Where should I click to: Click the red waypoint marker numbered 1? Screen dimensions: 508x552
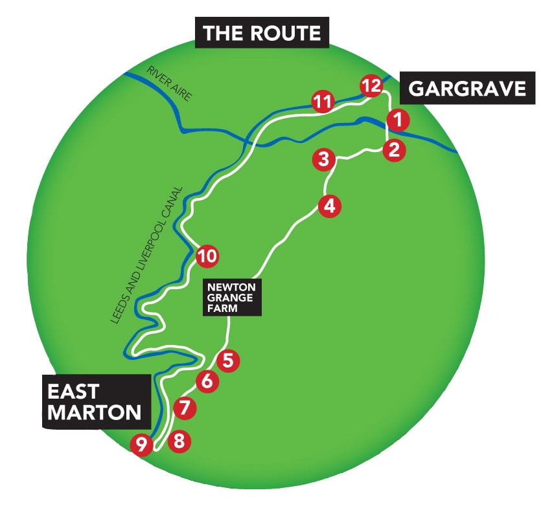pos(398,119)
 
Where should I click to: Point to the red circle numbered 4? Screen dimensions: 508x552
pos(329,207)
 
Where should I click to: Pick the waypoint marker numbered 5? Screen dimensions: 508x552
pos(228,360)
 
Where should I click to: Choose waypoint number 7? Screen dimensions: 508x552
pos(185,408)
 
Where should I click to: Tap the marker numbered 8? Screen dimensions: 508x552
pos(179,442)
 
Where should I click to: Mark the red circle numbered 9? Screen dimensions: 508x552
pos(141,445)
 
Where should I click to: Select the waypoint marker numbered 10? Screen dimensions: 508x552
pos(207,256)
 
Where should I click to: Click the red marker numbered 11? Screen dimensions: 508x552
pos(323,102)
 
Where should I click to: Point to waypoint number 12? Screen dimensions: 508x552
pos(371,85)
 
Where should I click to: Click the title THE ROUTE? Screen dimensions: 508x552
pos(262,33)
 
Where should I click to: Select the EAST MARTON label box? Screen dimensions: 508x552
pos(94,402)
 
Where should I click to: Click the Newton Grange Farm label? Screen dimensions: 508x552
pos(232,298)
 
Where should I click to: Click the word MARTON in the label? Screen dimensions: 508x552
pos(95,413)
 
